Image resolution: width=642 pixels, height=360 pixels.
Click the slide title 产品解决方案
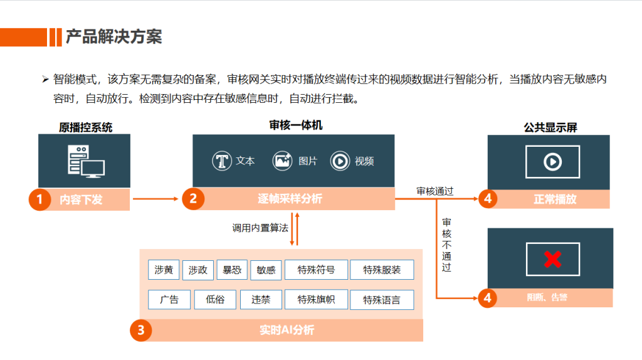click(113, 36)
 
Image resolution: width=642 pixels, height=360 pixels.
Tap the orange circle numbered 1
click(39, 199)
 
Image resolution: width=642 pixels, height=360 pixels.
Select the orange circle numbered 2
click(193, 199)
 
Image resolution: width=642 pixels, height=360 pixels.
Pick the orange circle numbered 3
click(141, 330)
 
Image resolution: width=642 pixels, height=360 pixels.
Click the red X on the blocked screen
click(552, 258)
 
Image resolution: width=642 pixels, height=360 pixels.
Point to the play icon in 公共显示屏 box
click(552, 162)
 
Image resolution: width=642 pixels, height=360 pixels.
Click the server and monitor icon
click(85, 161)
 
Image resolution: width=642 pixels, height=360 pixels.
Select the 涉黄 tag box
click(164, 270)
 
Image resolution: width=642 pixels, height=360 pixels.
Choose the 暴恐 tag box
click(232, 270)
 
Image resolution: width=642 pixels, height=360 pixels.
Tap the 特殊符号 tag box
click(315, 270)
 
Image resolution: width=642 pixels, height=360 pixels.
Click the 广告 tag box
click(169, 299)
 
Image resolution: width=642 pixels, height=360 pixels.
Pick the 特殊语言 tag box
click(382, 300)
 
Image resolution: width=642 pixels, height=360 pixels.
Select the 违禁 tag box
click(261, 299)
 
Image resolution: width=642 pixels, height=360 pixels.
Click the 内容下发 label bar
click(81, 200)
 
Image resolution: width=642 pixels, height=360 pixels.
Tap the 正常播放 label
click(555, 199)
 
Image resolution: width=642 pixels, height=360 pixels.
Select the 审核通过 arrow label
click(434, 191)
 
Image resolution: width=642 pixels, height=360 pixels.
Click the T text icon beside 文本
click(221, 161)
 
